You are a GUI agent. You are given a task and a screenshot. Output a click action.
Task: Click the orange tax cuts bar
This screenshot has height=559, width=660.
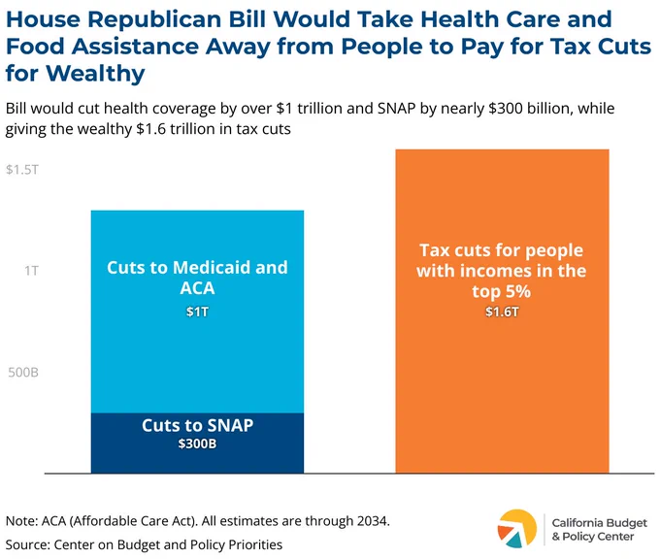click(502, 312)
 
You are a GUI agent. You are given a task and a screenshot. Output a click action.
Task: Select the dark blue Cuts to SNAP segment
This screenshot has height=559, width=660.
click(197, 443)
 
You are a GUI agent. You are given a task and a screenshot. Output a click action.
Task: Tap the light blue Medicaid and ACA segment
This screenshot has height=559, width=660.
click(197, 312)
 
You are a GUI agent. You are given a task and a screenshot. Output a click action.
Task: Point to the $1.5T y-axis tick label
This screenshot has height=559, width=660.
click(22, 170)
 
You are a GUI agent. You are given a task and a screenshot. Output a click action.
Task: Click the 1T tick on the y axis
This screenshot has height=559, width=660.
click(31, 271)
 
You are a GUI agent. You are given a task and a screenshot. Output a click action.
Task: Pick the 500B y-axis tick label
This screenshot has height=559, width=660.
click(23, 372)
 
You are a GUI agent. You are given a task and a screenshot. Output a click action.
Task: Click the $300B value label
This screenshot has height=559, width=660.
click(197, 444)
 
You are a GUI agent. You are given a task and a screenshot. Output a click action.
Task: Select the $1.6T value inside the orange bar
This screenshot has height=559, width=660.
click(502, 312)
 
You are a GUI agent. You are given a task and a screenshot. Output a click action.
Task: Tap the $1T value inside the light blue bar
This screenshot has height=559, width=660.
click(197, 312)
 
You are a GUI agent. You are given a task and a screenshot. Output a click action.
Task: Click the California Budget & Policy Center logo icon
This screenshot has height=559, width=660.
click(517, 529)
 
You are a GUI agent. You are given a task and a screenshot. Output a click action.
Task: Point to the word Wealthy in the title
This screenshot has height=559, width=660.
click(95, 73)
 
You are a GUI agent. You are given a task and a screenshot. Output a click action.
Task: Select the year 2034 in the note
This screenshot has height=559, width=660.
click(372, 521)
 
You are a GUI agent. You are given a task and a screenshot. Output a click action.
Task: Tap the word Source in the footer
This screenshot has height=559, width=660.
click(27, 544)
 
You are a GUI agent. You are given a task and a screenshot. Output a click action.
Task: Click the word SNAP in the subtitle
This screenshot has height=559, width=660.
click(397, 109)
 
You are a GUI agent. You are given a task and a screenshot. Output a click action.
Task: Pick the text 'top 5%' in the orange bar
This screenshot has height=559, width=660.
click(502, 291)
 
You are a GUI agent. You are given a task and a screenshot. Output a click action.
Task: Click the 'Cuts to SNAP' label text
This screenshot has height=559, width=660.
click(197, 426)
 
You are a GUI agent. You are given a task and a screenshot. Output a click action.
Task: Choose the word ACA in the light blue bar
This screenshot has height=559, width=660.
click(197, 288)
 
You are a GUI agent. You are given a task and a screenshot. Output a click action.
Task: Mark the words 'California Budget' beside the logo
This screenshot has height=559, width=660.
click(600, 523)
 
